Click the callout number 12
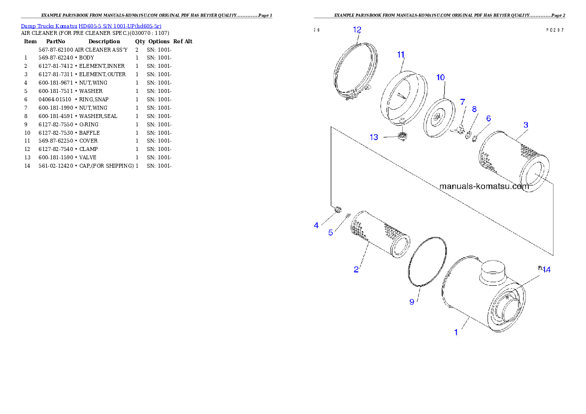[357, 30]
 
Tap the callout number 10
[440, 77]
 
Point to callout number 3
[525, 125]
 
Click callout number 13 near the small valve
[374, 137]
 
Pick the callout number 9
[412, 302]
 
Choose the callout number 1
[456, 332]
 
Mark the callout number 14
[546, 269]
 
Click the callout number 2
[356, 269]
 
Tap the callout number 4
[316, 225]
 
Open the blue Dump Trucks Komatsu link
[91, 26]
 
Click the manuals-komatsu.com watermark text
[484, 186]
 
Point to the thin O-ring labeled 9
[428, 261]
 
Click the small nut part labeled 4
[337, 210]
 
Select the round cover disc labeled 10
[438, 118]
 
